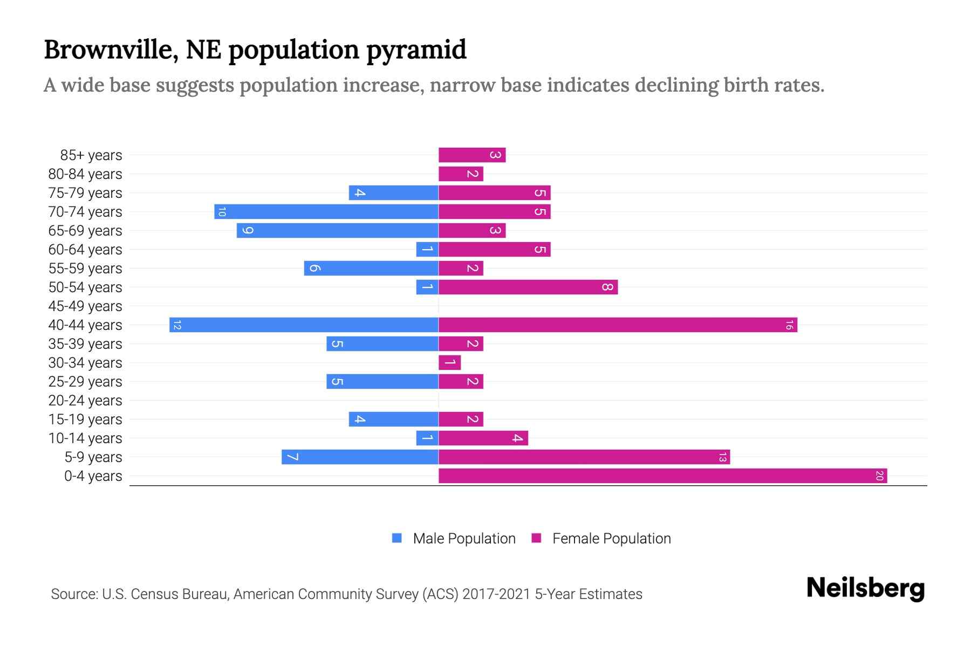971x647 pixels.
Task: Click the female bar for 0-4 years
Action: pos(662,476)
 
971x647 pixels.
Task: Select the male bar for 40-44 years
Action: pos(304,325)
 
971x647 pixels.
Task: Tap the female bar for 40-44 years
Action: pos(618,325)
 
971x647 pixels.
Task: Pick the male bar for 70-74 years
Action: pos(326,211)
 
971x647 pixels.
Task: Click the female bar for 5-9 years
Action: pos(584,457)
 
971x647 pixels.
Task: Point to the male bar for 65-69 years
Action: pos(338,230)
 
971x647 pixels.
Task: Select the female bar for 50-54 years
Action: pos(528,287)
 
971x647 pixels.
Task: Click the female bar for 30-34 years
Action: pos(450,362)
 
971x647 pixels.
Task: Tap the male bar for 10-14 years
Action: pos(427,438)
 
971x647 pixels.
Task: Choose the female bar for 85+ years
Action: pos(472,155)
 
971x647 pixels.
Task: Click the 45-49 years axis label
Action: pos(85,306)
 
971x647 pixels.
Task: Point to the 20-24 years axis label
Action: pos(85,400)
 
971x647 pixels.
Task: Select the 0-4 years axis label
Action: pos(93,476)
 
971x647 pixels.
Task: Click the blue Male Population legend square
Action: pos(397,538)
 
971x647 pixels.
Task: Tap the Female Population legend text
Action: pos(611,538)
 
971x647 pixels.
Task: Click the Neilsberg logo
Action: pos(865,588)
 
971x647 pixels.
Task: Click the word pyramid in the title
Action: pos(416,50)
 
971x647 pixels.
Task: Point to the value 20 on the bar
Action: pos(879,476)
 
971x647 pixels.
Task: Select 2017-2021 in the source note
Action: pos(496,594)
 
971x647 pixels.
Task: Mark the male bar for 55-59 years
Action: pos(371,268)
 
